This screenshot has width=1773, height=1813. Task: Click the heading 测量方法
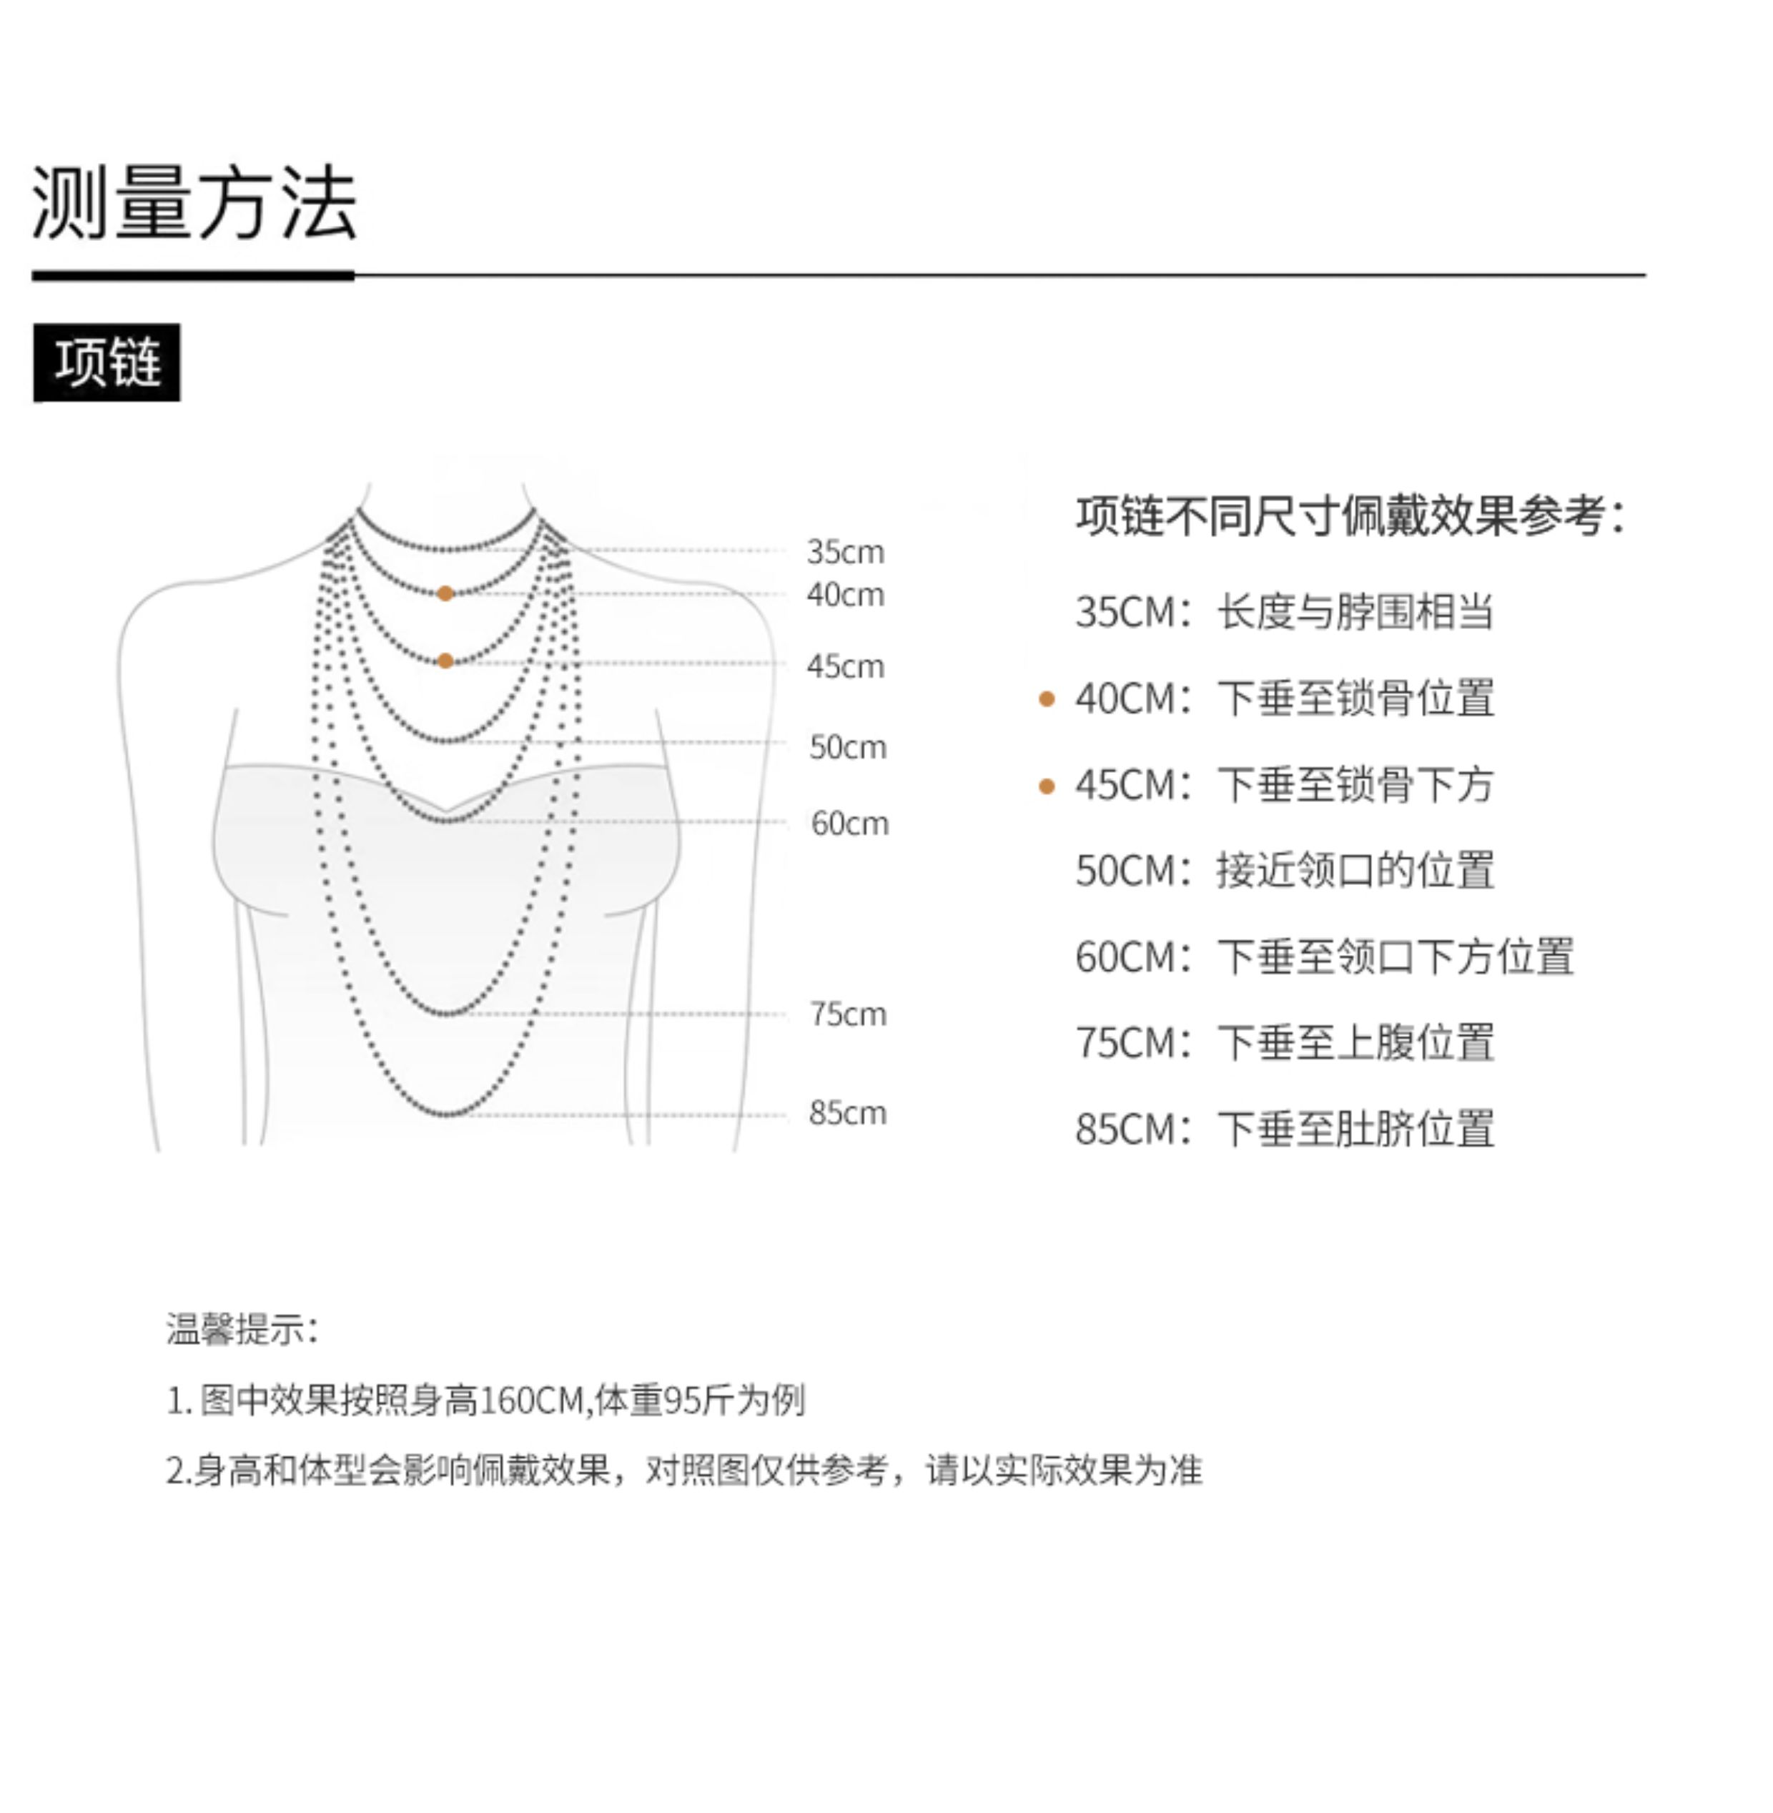194,203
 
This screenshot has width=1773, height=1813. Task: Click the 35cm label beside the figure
844,551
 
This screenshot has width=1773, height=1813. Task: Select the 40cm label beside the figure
844,594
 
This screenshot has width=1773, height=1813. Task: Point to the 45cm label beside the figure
844,666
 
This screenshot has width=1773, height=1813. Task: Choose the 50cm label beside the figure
847,747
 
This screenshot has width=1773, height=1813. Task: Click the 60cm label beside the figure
849,823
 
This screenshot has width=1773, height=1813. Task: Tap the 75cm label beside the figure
847,1013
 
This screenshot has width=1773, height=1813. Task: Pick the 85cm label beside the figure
847,1112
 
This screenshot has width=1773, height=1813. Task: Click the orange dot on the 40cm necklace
445,593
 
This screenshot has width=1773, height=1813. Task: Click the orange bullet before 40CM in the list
1047,698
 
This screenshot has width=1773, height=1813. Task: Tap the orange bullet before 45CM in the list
1047,786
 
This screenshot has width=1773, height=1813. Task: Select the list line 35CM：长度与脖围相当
1284,612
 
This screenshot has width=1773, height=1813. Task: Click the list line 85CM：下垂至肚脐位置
1284,1129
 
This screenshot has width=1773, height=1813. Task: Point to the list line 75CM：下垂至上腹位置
1284,1042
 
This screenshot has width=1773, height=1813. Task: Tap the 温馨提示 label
241,1329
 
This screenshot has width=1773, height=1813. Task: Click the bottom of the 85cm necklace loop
447,1113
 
